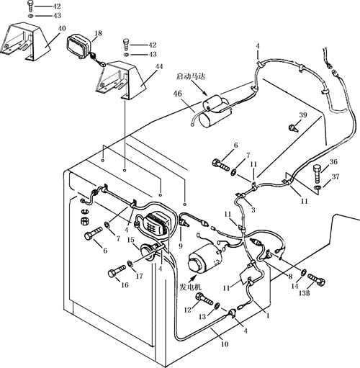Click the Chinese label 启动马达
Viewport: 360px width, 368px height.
191,76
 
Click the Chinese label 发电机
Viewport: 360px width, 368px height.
190,287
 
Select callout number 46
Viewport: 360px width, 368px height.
178,94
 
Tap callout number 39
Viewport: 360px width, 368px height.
303,115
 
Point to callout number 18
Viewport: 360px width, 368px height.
98,33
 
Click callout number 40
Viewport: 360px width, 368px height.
62,28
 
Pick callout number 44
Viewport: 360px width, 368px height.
159,66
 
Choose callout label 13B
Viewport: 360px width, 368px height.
304,293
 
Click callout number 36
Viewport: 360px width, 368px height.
333,162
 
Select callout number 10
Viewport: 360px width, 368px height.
225,344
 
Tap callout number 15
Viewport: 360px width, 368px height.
130,240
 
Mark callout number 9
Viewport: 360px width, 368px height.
181,246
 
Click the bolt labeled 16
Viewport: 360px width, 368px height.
117,271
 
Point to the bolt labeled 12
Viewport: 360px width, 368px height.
204,298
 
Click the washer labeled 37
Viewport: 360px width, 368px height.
318,187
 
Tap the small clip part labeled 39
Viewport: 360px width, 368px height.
293,127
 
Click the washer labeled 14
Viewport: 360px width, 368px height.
304,272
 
